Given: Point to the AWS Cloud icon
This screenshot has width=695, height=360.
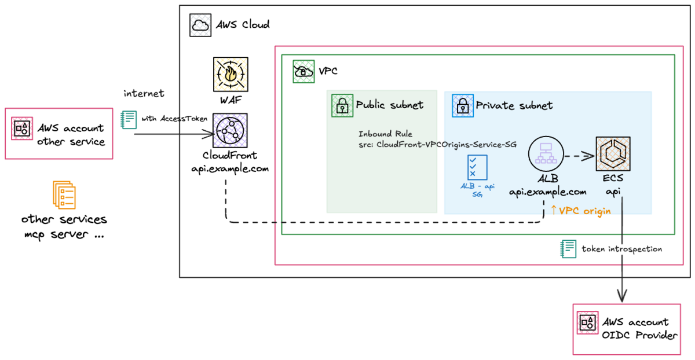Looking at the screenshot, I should tap(200, 25).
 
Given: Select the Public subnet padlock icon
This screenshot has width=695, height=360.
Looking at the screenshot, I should tap(342, 105).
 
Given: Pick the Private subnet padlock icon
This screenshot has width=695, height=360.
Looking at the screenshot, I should tap(462, 105).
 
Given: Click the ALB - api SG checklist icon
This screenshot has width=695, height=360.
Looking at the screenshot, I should tap(475, 167).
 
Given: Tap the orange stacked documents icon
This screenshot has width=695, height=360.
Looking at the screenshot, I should tap(64, 194).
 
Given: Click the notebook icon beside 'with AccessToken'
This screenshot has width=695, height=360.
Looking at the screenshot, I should tap(128, 119).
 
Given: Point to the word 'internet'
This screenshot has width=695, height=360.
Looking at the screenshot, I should tap(144, 93).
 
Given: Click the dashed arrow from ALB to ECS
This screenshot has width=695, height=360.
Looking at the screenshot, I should tap(579, 155).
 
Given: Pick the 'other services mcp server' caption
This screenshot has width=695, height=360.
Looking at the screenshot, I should tap(64, 227).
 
